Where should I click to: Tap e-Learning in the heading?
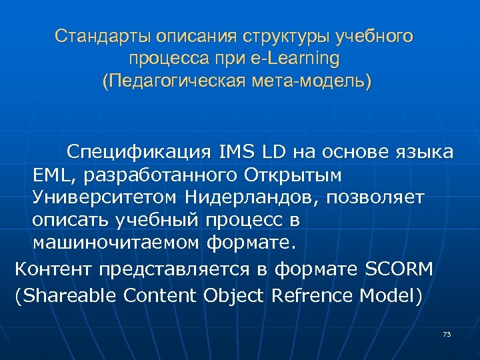(303, 59)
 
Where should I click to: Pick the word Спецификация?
(135, 153)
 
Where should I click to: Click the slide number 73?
(447, 334)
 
